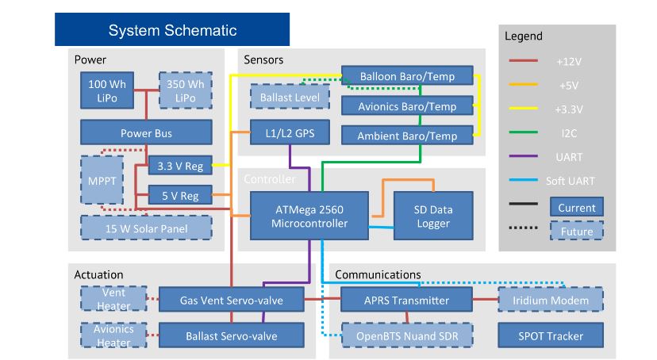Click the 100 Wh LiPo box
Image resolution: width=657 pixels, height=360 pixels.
coord(107,90)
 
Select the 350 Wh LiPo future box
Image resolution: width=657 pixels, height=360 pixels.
coord(186,90)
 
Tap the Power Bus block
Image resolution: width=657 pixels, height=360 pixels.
coord(146,133)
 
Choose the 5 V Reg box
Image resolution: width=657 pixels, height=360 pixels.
coord(179,193)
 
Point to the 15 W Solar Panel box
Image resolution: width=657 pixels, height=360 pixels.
coord(146,228)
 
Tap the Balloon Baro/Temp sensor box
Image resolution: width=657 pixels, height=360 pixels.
coord(407,77)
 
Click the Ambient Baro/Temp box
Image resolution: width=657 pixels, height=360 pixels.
coord(407,136)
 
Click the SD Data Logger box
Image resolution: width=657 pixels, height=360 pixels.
coord(433,216)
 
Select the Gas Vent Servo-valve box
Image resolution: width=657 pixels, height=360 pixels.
coord(231,301)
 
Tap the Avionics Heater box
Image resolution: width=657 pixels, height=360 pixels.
coord(113,335)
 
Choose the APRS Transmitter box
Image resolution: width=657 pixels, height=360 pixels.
coord(406,301)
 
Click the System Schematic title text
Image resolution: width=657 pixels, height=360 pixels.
coord(172,31)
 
